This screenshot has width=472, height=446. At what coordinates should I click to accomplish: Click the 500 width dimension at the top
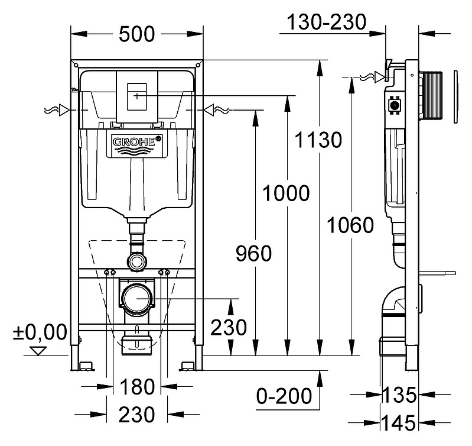point(136,34)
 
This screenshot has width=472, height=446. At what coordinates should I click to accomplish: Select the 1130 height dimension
point(318,140)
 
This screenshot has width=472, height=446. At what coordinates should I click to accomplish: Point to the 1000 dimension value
point(286,193)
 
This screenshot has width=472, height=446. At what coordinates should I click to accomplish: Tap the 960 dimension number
point(253,253)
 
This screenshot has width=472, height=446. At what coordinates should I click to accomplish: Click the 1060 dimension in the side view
point(350,225)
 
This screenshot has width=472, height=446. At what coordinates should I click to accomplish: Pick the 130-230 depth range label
point(327,22)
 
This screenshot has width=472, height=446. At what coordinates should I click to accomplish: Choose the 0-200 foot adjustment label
point(284,396)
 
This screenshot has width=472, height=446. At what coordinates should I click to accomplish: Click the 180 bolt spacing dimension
point(137,387)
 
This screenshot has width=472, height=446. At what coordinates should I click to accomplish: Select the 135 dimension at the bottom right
point(399,395)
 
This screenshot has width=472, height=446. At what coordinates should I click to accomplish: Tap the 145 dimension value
point(399,422)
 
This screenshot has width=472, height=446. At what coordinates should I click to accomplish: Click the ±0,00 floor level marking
point(40,332)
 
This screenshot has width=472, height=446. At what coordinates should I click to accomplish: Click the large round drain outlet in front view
point(137,298)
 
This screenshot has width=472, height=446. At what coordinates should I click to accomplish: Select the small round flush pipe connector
point(137,261)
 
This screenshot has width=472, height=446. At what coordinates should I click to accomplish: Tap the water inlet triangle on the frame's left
point(64,110)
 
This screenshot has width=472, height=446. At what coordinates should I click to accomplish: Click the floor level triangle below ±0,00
point(38,351)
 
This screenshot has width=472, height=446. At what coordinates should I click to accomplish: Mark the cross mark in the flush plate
point(136,96)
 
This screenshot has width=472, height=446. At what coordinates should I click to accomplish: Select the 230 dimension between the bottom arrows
point(136,415)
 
